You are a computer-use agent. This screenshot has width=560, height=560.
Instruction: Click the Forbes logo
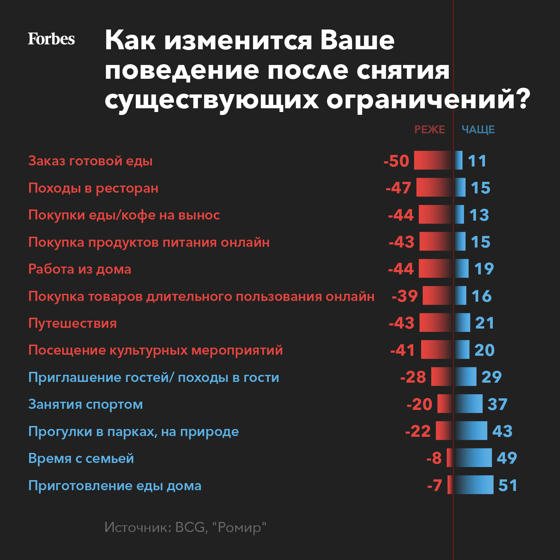point(51,39)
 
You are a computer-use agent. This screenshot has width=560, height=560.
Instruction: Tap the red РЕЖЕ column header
point(430,130)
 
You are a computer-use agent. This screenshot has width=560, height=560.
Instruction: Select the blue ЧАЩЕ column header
point(478,130)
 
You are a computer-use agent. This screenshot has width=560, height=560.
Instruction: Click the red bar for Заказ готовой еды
point(433,161)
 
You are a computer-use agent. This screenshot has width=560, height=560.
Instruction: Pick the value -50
point(396,161)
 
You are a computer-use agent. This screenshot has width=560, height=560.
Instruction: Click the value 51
point(508,485)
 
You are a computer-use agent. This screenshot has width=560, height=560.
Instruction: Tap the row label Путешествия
point(72,323)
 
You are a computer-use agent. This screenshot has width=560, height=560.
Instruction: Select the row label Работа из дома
point(80,269)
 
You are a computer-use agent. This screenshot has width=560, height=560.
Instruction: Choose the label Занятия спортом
point(85,404)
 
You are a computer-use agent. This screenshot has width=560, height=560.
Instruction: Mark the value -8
point(434,458)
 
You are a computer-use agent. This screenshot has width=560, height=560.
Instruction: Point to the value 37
point(498,404)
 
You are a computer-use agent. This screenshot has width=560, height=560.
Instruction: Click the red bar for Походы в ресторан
point(434,187)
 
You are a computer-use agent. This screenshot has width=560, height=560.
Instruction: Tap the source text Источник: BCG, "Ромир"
point(185,527)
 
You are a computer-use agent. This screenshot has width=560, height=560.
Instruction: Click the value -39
point(405,296)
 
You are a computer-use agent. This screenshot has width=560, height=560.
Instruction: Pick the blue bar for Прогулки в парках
point(471,431)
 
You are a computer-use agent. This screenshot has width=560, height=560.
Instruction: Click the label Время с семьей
point(81,458)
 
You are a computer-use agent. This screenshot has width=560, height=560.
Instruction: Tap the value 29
point(492,377)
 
